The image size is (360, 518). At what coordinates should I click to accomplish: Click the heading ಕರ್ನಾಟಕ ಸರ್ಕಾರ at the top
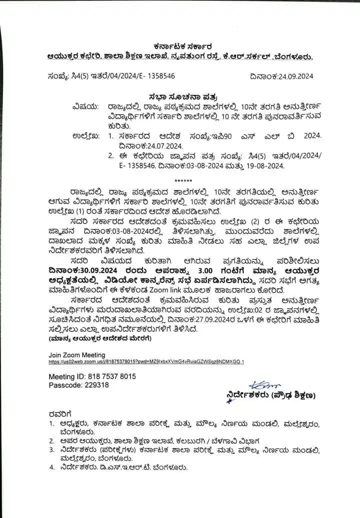click(179, 45)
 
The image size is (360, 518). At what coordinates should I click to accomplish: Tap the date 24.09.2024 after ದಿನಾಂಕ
click(289, 76)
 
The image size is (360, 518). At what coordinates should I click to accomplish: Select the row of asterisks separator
click(180, 179)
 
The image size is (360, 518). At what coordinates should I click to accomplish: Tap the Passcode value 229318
click(97, 385)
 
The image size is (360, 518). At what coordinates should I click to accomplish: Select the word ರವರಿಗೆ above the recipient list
click(60, 413)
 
